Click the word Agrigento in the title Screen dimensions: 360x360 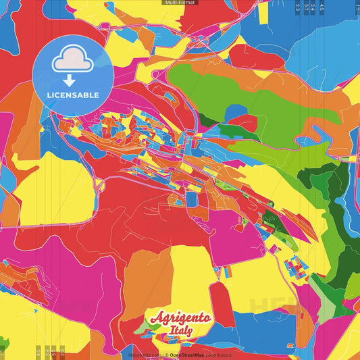pos(181,318)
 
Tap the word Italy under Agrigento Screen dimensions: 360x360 pos(181,330)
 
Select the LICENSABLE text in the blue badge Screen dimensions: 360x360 pos(73,94)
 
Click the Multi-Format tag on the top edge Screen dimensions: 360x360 pos(180,3)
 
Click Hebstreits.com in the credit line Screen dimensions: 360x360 pos(144,355)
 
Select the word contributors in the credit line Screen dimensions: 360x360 pos(217,355)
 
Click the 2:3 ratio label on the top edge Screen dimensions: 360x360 pos(298,7)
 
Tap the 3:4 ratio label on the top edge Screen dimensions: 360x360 pos(313,7)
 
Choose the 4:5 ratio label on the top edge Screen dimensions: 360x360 pos(322,7)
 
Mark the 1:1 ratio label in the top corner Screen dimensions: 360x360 pos(357,7)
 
